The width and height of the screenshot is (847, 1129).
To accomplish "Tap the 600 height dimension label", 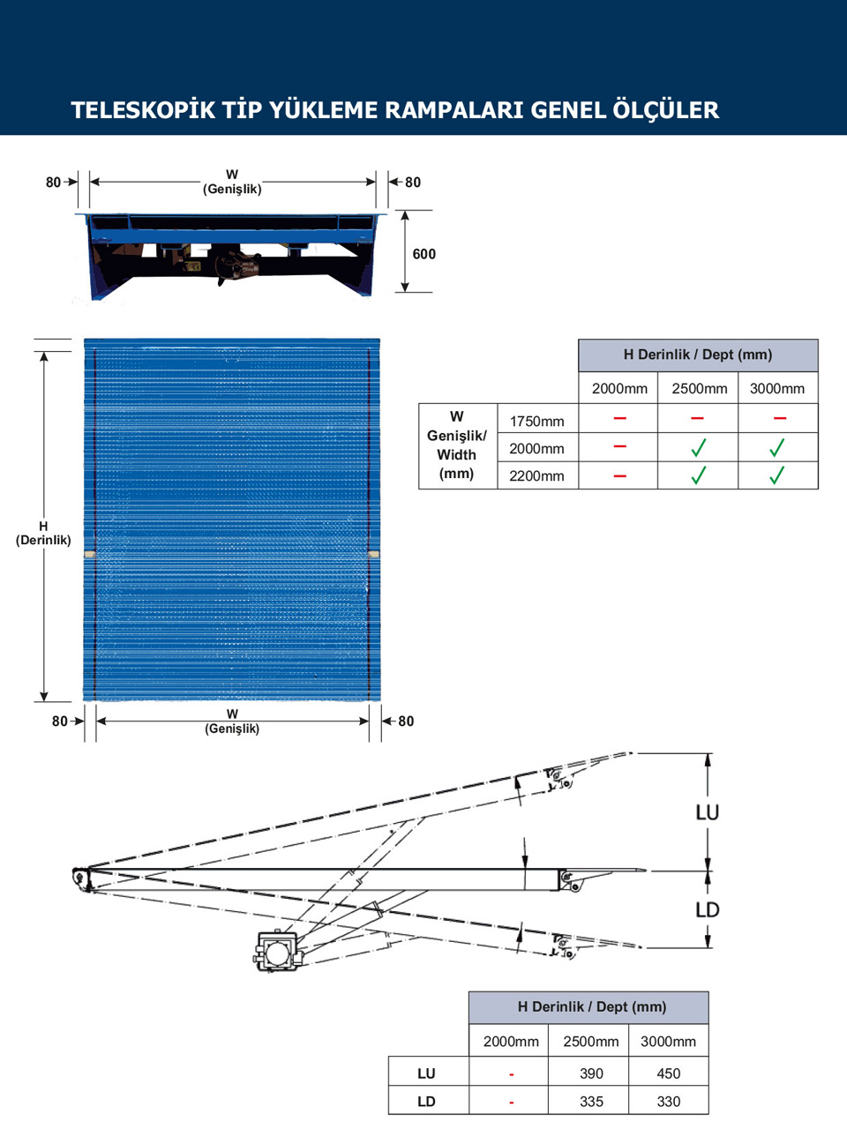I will pos(423,254).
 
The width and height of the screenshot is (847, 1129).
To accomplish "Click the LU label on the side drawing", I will pos(708,812).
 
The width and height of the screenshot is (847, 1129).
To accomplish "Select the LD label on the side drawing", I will pos(708,909).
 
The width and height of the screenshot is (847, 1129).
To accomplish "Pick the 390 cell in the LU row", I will pos(591,1073).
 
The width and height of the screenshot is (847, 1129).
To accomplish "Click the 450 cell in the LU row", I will pos(669,1073).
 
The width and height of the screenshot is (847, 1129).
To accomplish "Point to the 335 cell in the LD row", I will pos(591,1101).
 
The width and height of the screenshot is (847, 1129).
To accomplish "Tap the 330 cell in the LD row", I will pos(669,1101).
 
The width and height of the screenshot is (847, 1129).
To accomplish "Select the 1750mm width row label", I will pos(536,421).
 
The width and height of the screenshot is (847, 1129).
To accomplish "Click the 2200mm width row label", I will pos(536,475).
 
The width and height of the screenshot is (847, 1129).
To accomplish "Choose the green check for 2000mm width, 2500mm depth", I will pos(698,448).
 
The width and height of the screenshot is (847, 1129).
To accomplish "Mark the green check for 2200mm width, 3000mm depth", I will pos(776,475).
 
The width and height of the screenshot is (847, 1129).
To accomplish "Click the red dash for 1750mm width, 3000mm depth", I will pos(779,418).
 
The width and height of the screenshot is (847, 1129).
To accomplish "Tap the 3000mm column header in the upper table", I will pos(777,388).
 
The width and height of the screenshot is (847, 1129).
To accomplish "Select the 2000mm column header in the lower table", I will pos(511,1041).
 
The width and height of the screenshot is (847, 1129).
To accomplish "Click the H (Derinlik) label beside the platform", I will pos(43,533).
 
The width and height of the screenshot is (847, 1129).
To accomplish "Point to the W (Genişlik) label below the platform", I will pos(232,722).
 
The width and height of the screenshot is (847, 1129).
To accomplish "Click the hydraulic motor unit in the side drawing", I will pos(277,952).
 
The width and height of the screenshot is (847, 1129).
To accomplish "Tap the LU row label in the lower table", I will pos(426,1073).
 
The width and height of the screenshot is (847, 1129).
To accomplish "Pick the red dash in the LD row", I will pos(512,1103).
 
